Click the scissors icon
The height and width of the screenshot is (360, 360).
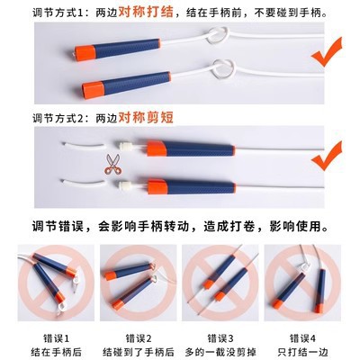click(x=112, y=164)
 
